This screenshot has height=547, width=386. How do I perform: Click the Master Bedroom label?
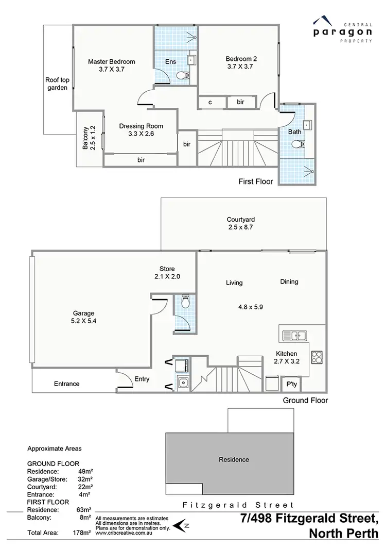coord(111,62)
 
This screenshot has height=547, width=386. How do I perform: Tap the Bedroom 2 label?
coord(241,59)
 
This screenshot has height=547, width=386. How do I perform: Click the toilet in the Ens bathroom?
coord(181,76)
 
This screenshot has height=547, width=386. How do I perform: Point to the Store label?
coord(167,269)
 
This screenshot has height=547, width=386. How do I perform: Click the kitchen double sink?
coord(294,336)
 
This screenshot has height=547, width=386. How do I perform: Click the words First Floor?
coord(256,181)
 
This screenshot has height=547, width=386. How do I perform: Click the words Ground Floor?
coord(305,400)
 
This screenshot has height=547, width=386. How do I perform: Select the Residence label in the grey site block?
coord(234,459)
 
